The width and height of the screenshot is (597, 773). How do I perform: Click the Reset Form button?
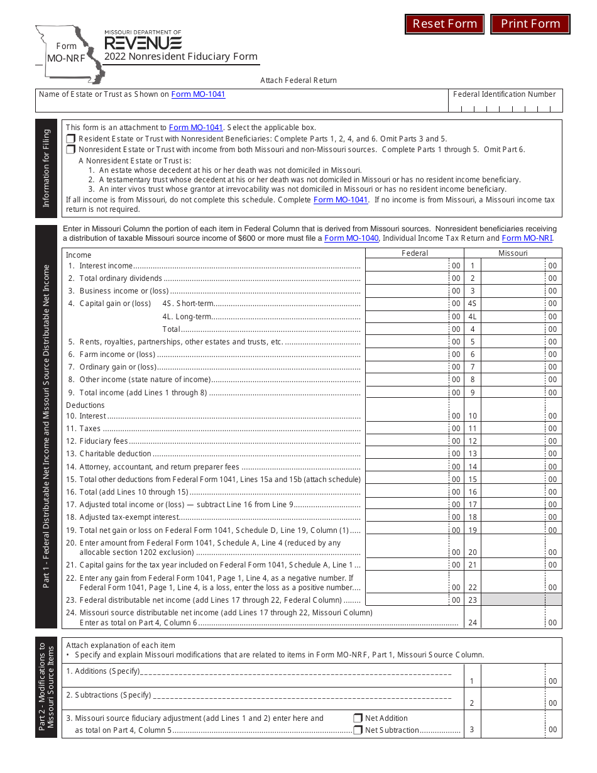click(445, 24)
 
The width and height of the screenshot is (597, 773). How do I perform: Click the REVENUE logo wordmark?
click(143, 43)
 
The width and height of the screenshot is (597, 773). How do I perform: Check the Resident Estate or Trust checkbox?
click(71, 139)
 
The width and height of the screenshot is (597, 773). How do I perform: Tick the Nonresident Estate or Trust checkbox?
click(71, 150)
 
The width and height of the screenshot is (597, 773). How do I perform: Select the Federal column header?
click(415, 253)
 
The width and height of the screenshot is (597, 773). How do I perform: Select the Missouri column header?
click(513, 253)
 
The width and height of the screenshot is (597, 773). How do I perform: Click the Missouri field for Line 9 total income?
click(513, 392)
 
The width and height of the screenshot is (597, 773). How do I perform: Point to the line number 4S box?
click(473, 304)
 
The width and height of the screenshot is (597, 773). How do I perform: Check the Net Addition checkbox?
click(358, 718)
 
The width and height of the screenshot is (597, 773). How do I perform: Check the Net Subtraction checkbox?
click(358, 730)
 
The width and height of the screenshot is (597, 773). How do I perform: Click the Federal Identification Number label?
click(505, 94)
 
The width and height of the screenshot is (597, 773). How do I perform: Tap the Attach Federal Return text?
click(298, 80)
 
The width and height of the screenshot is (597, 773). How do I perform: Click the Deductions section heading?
click(85, 405)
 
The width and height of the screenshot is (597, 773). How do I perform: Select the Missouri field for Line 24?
click(513, 622)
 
